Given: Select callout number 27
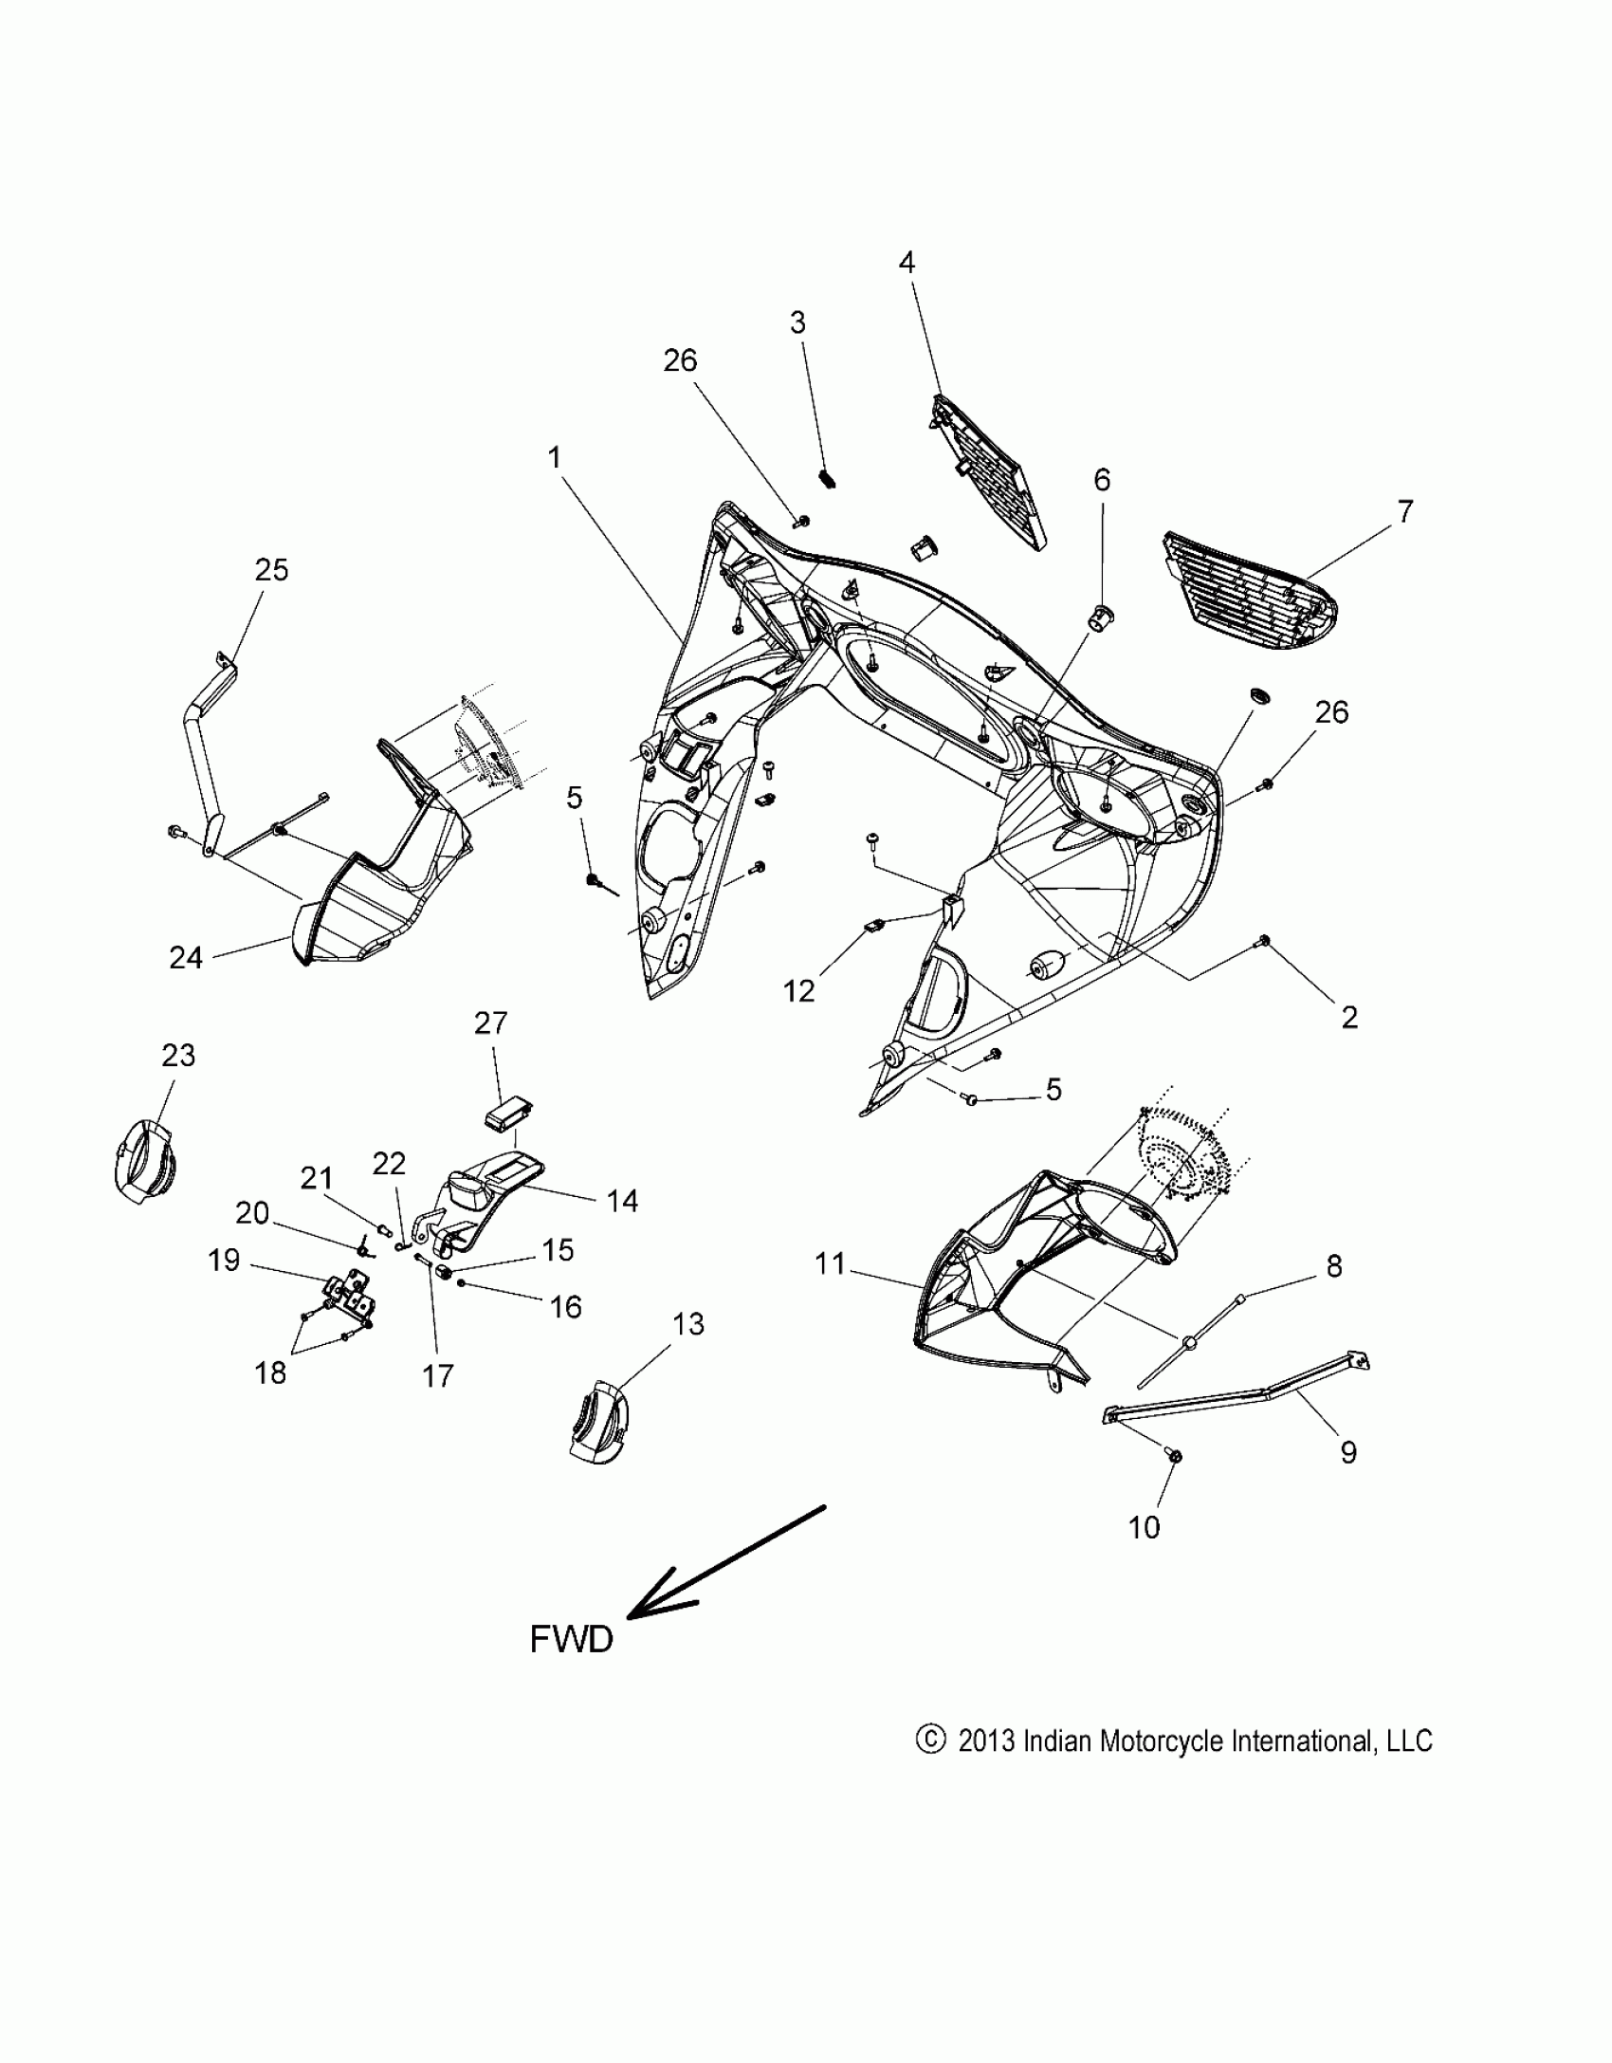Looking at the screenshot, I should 491,1022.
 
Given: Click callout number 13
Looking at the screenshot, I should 688,1324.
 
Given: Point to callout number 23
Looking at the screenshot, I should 178,1055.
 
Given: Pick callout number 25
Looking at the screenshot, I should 271,570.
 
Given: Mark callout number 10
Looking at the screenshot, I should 1145,1527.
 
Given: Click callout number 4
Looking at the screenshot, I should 907,263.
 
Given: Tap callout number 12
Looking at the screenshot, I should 798,990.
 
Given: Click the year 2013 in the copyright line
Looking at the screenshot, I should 987,1741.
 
